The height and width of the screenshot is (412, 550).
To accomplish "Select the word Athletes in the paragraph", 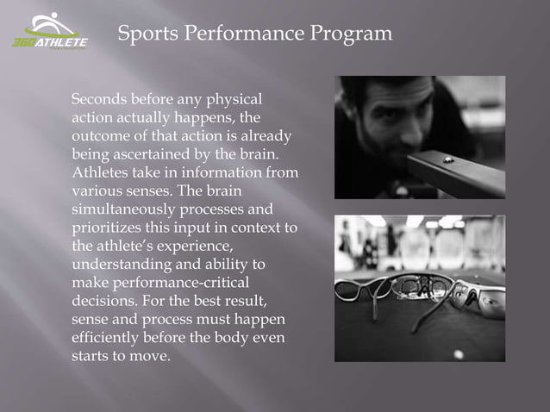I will tap(101, 173).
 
